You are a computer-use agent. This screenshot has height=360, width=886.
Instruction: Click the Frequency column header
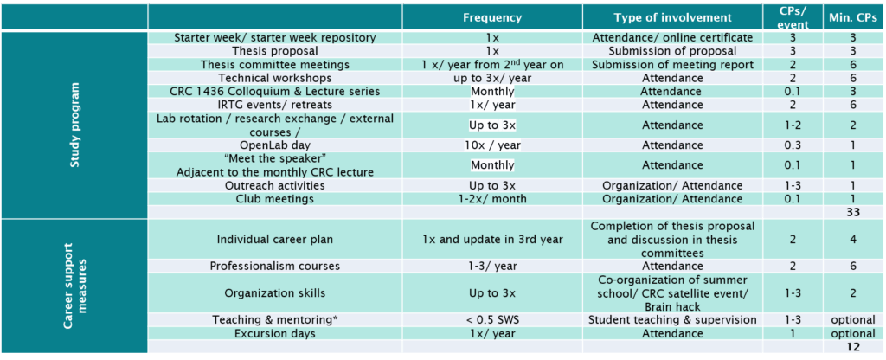click(492, 17)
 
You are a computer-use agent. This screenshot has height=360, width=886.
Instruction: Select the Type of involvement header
click(672, 17)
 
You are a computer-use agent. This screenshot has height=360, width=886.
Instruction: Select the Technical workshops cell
click(274, 78)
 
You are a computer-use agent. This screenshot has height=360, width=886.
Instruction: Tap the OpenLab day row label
click(274, 145)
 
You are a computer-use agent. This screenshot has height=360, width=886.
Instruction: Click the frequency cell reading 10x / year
click(492, 145)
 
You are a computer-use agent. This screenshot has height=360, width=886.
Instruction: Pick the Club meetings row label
click(274, 198)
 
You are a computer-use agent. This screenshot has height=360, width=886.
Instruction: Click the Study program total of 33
click(854, 212)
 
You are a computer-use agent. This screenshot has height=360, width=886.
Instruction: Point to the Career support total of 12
click(854, 347)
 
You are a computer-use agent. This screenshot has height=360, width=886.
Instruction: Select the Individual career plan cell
click(274, 239)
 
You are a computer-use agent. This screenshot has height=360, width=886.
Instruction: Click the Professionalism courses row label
click(274, 266)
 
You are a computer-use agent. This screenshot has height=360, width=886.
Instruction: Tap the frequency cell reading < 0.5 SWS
click(492, 320)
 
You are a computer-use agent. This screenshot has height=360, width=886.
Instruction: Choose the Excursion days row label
click(274, 333)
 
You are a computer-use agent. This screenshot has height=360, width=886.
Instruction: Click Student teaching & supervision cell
click(672, 320)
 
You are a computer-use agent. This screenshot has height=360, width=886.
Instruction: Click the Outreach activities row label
click(274, 185)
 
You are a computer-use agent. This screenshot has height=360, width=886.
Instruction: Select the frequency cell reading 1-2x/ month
click(492, 198)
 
